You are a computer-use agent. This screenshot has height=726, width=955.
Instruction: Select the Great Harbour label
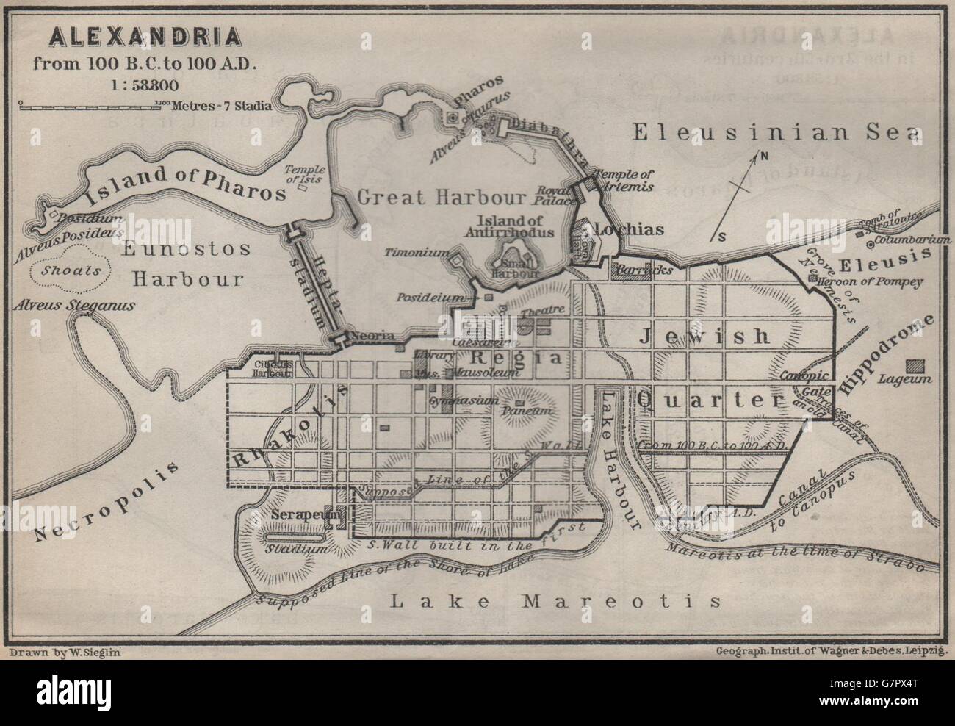pos(442,197)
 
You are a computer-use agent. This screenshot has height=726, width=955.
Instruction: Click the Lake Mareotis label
pos(555,601)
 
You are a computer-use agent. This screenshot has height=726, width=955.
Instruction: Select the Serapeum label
pos(297,516)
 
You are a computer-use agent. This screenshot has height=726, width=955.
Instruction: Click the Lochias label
pos(628,229)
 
